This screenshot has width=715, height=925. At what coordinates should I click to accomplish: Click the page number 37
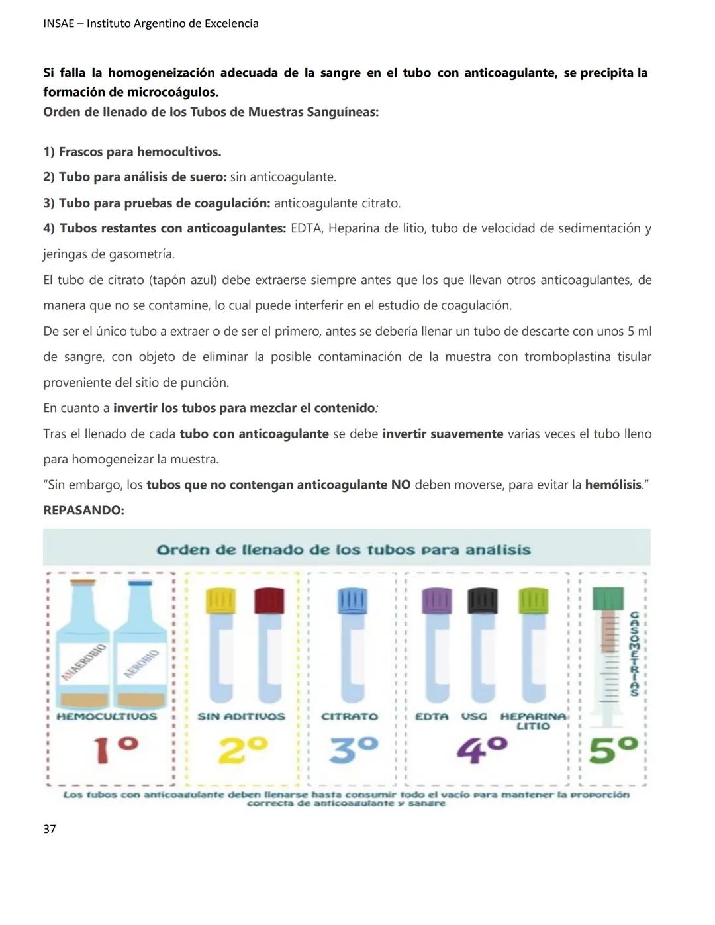[50, 829]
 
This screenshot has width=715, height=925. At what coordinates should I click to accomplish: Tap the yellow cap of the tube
[221, 600]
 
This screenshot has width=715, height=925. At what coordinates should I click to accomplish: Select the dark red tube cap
[269, 600]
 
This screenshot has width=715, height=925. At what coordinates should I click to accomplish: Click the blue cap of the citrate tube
[352, 600]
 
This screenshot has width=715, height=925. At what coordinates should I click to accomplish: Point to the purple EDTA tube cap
[437, 600]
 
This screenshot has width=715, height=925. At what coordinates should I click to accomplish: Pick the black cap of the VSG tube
[483, 600]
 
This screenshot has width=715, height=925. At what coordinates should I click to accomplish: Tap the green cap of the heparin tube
[534, 600]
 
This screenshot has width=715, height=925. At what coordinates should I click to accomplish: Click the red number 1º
[116, 750]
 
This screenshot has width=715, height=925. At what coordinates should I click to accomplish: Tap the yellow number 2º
[243, 750]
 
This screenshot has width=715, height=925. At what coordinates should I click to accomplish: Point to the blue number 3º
[354, 750]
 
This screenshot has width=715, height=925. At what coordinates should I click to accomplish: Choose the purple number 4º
[482, 750]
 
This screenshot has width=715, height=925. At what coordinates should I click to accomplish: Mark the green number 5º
[613, 750]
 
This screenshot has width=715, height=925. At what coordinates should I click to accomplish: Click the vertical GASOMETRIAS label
[634, 654]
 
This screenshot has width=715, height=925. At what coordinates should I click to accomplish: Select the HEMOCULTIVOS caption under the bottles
[107, 716]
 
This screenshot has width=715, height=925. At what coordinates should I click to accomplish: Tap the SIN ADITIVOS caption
[241, 716]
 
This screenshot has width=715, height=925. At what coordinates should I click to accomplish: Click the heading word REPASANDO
[83, 511]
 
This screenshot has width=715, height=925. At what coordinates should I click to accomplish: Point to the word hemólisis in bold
[613, 485]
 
